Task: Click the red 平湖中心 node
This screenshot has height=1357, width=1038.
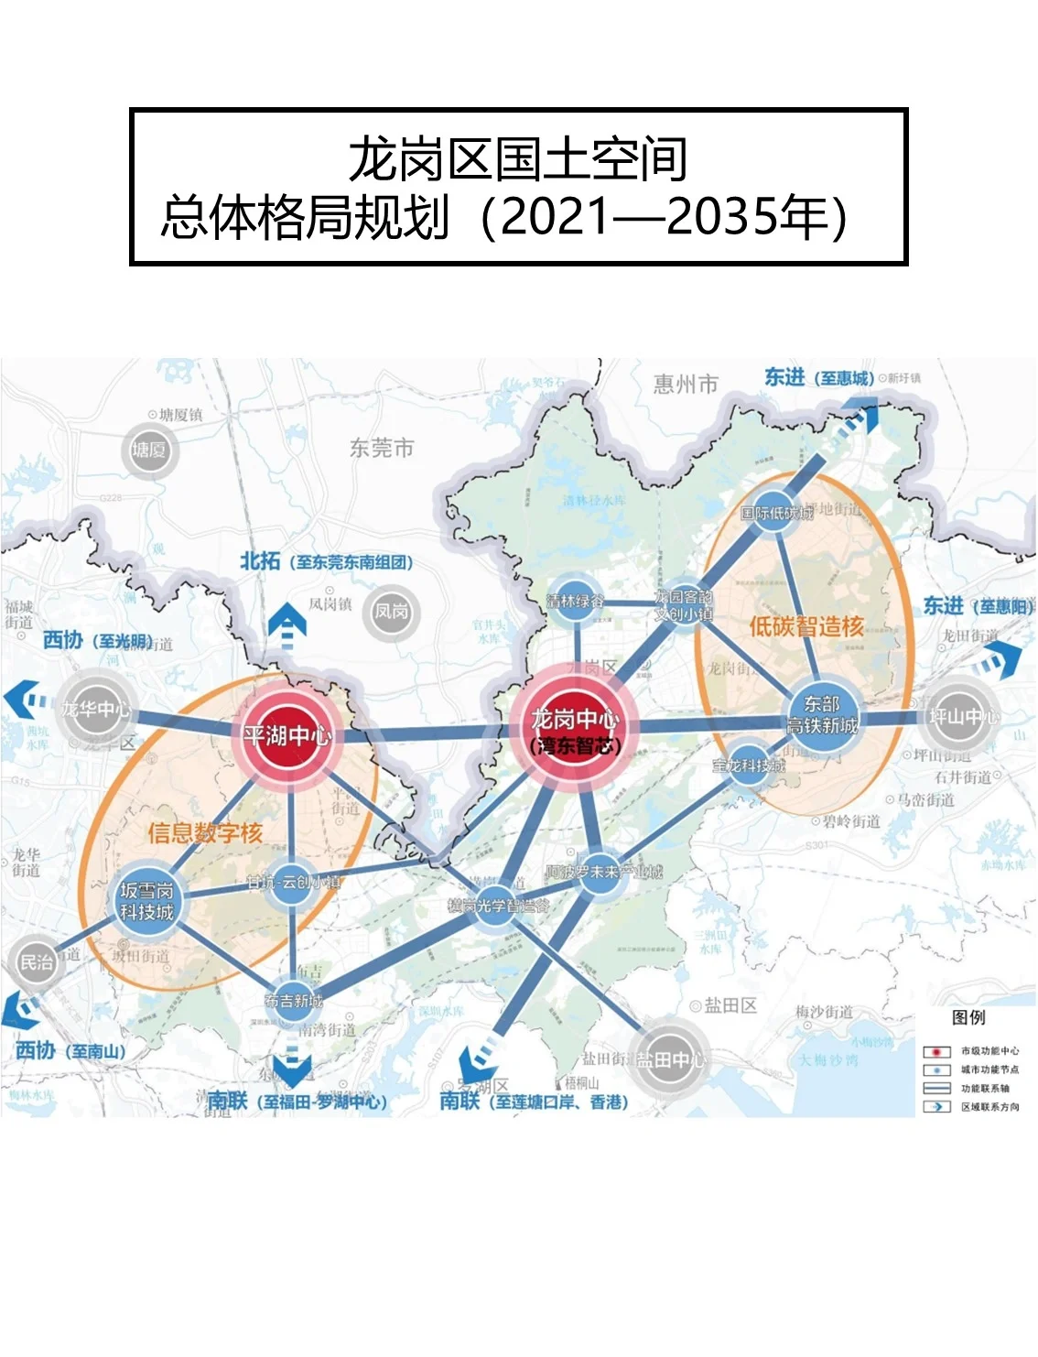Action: pyautogui.click(x=287, y=734)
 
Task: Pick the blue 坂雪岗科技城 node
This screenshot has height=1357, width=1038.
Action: pyautogui.click(x=146, y=900)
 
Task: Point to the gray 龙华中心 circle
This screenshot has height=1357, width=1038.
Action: pyautogui.click(x=95, y=710)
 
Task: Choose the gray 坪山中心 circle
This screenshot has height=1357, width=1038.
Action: pyautogui.click(x=960, y=716)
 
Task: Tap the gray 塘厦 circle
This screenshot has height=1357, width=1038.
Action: pyautogui.click(x=149, y=450)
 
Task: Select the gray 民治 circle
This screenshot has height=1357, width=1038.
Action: pyautogui.click(x=37, y=961)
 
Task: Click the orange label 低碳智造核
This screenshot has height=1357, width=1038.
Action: pyautogui.click(x=806, y=626)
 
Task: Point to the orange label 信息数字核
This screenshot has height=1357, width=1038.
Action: pyautogui.click(x=205, y=832)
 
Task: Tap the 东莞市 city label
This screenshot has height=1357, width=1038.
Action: pyautogui.click(x=382, y=448)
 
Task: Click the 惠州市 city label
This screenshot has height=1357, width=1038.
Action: pyautogui.click(x=686, y=384)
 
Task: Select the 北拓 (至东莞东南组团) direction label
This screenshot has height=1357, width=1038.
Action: pyautogui.click(x=326, y=561)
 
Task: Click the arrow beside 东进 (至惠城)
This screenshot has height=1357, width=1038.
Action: pyautogui.click(x=858, y=419)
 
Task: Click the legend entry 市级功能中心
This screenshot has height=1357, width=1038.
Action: pyautogui.click(x=989, y=1051)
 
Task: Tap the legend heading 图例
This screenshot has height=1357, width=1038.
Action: pyautogui.click(x=968, y=1017)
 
